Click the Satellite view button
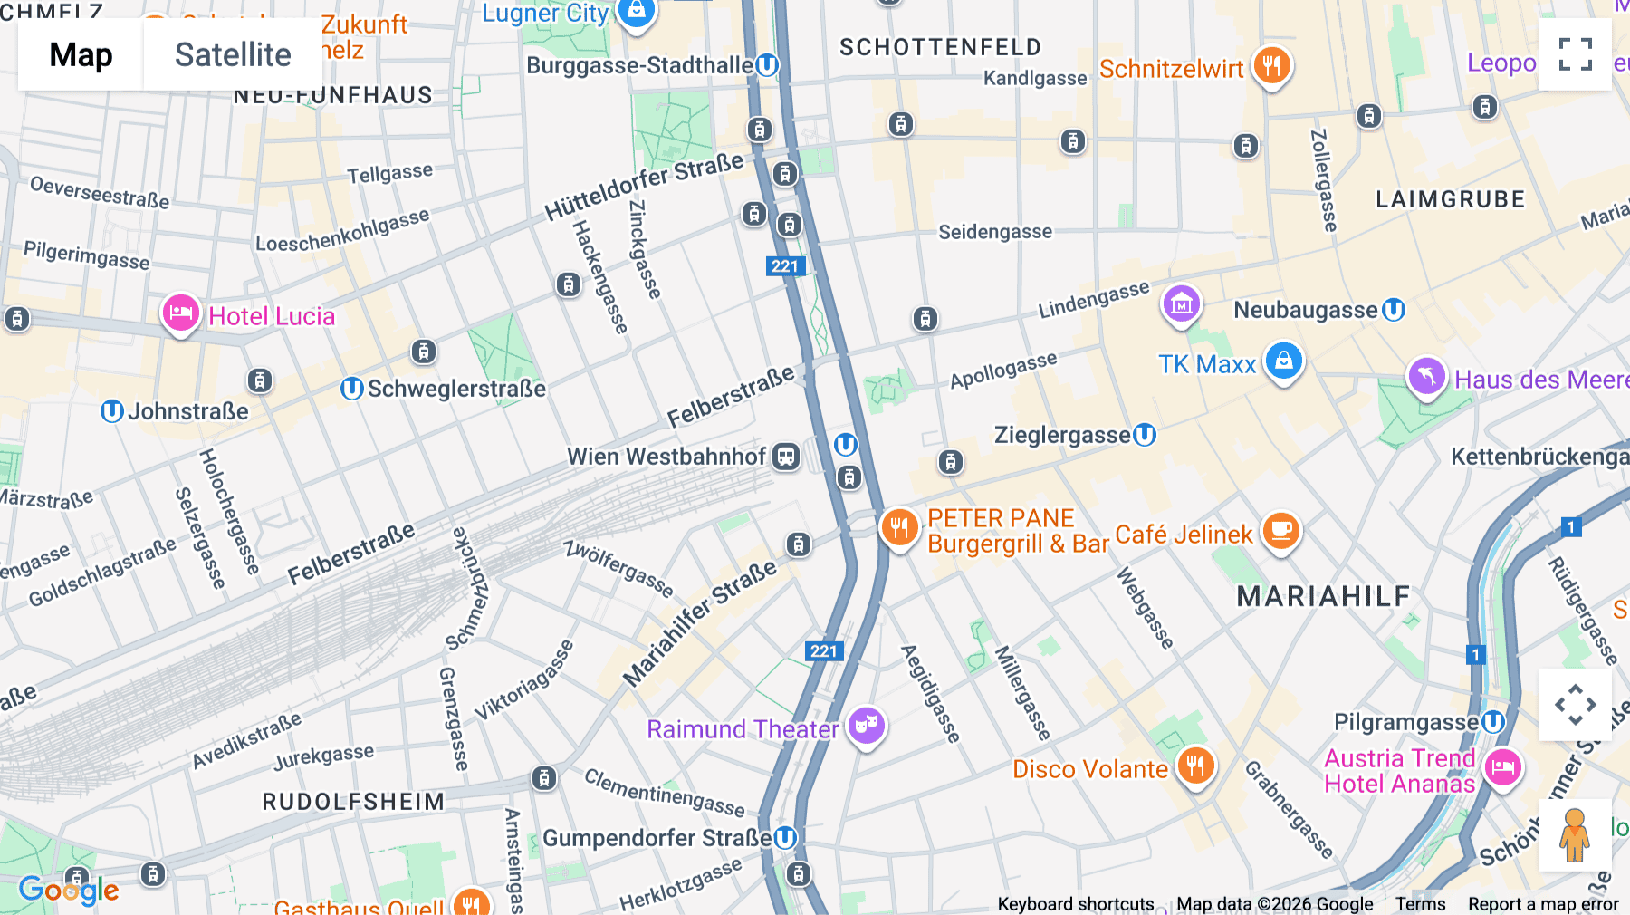click(x=233, y=54)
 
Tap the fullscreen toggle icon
click(x=1575, y=54)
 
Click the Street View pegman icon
click(x=1575, y=834)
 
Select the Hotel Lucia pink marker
click(x=180, y=313)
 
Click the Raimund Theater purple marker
click(x=867, y=726)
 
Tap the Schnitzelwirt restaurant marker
click(x=1271, y=65)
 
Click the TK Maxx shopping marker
click(x=1283, y=361)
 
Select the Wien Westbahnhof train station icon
click(x=786, y=457)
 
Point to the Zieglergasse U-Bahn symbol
click(x=1145, y=435)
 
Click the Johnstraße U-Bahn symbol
click(x=111, y=411)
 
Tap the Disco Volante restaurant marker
click(x=1195, y=766)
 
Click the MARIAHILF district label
click(x=1323, y=596)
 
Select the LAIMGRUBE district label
click(x=1450, y=199)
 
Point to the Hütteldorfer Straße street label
click(x=644, y=187)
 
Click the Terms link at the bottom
click(x=1420, y=903)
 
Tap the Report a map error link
click(x=1543, y=903)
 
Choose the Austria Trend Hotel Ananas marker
click(x=1503, y=768)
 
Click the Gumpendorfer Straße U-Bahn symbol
click(x=785, y=838)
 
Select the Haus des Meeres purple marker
click(x=1426, y=376)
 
